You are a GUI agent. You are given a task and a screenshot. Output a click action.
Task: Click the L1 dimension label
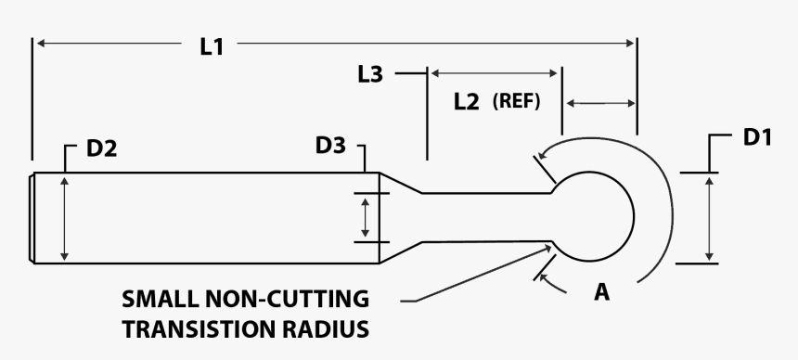coord(212,44)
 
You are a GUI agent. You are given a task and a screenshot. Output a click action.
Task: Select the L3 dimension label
coord(369,74)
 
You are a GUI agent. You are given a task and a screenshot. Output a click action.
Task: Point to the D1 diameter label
coord(758,137)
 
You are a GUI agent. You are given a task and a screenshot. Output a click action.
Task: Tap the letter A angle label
coord(602,292)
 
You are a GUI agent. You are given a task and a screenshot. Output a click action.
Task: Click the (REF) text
coord(516,101)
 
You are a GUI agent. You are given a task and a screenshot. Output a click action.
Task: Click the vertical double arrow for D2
coord(64,219)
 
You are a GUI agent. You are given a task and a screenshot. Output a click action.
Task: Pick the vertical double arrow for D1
coord(709,218)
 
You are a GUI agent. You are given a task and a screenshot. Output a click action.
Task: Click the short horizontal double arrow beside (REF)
coord(600,102)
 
